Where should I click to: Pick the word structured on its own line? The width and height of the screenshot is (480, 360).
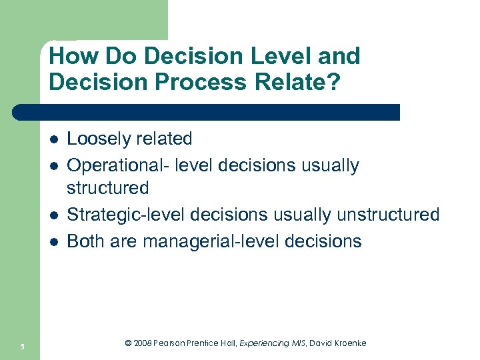[x=108, y=188]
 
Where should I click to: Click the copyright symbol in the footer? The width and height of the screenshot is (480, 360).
[x=128, y=343]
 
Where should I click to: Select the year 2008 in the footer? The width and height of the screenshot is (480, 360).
[x=142, y=343]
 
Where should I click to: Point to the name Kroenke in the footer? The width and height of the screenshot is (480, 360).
[x=348, y=343]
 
